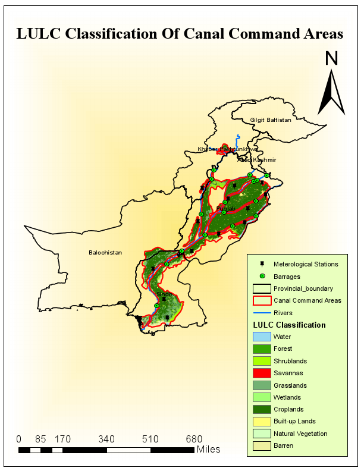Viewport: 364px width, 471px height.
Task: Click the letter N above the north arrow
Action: [332, 58]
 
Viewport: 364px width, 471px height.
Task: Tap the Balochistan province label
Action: [105, 253]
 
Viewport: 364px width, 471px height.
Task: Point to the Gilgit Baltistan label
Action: [271, 120]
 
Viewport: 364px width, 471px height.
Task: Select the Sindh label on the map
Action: [165, 294]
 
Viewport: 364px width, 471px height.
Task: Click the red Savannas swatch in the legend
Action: [262, 373]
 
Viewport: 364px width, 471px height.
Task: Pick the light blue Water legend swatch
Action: [262, 337]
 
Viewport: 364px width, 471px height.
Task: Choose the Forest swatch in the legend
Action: [262, 348]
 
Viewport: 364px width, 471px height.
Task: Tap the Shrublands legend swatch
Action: [262, 361]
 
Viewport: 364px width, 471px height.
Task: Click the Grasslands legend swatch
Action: [262, 385]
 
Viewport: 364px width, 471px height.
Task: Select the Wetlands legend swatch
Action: [262, 397]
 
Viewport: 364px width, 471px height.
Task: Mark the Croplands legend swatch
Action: [262, 409]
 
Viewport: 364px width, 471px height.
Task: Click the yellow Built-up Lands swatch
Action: [262, 422]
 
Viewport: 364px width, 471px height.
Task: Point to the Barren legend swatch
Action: [262, 445]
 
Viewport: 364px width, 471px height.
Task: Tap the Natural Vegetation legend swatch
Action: [262, 434]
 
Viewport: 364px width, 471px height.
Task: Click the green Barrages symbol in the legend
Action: [262, 277]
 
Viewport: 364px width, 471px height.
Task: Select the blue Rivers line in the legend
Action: [262, 313]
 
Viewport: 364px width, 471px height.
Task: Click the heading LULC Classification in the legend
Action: [289, 325]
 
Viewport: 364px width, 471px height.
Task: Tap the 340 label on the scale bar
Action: [106, 439]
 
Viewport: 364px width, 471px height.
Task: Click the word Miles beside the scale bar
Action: [208, 449]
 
